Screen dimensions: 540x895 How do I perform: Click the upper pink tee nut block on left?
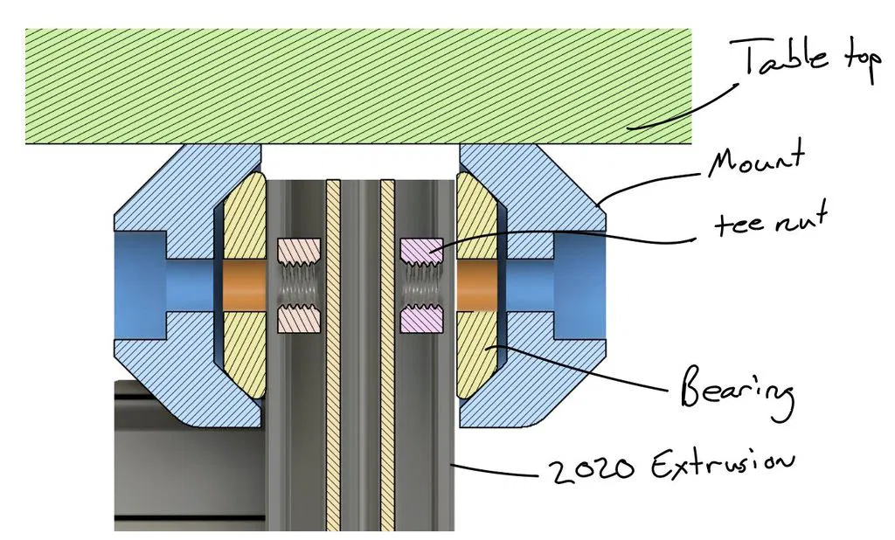tap(300, 250)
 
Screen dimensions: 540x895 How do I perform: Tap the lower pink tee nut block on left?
tap(300, 321)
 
